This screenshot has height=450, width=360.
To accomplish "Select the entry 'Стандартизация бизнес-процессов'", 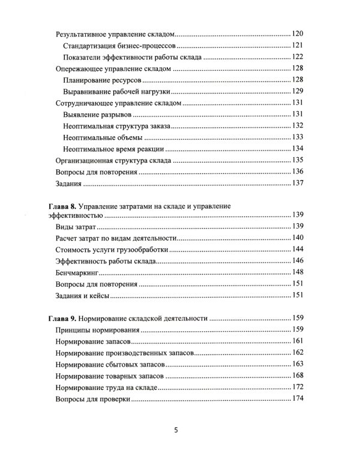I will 119,46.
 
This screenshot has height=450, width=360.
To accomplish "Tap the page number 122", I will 298,58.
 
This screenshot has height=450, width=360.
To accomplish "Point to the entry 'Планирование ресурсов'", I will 101,80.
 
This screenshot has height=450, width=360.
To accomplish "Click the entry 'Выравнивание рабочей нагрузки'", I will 116,92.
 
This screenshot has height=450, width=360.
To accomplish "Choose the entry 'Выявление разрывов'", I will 96,115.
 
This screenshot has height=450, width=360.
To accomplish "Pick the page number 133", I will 298,137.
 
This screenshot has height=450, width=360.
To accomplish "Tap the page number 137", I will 298,184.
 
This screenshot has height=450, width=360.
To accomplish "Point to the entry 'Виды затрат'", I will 75,227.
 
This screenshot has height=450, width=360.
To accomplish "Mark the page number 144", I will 298,250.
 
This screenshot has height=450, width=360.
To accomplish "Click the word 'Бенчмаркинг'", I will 77,272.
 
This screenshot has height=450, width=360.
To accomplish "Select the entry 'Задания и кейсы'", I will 83,295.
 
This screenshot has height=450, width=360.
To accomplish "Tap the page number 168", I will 298,376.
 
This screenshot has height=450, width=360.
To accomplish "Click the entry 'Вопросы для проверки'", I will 92,399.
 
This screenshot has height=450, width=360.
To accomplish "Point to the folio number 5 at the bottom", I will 176,431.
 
